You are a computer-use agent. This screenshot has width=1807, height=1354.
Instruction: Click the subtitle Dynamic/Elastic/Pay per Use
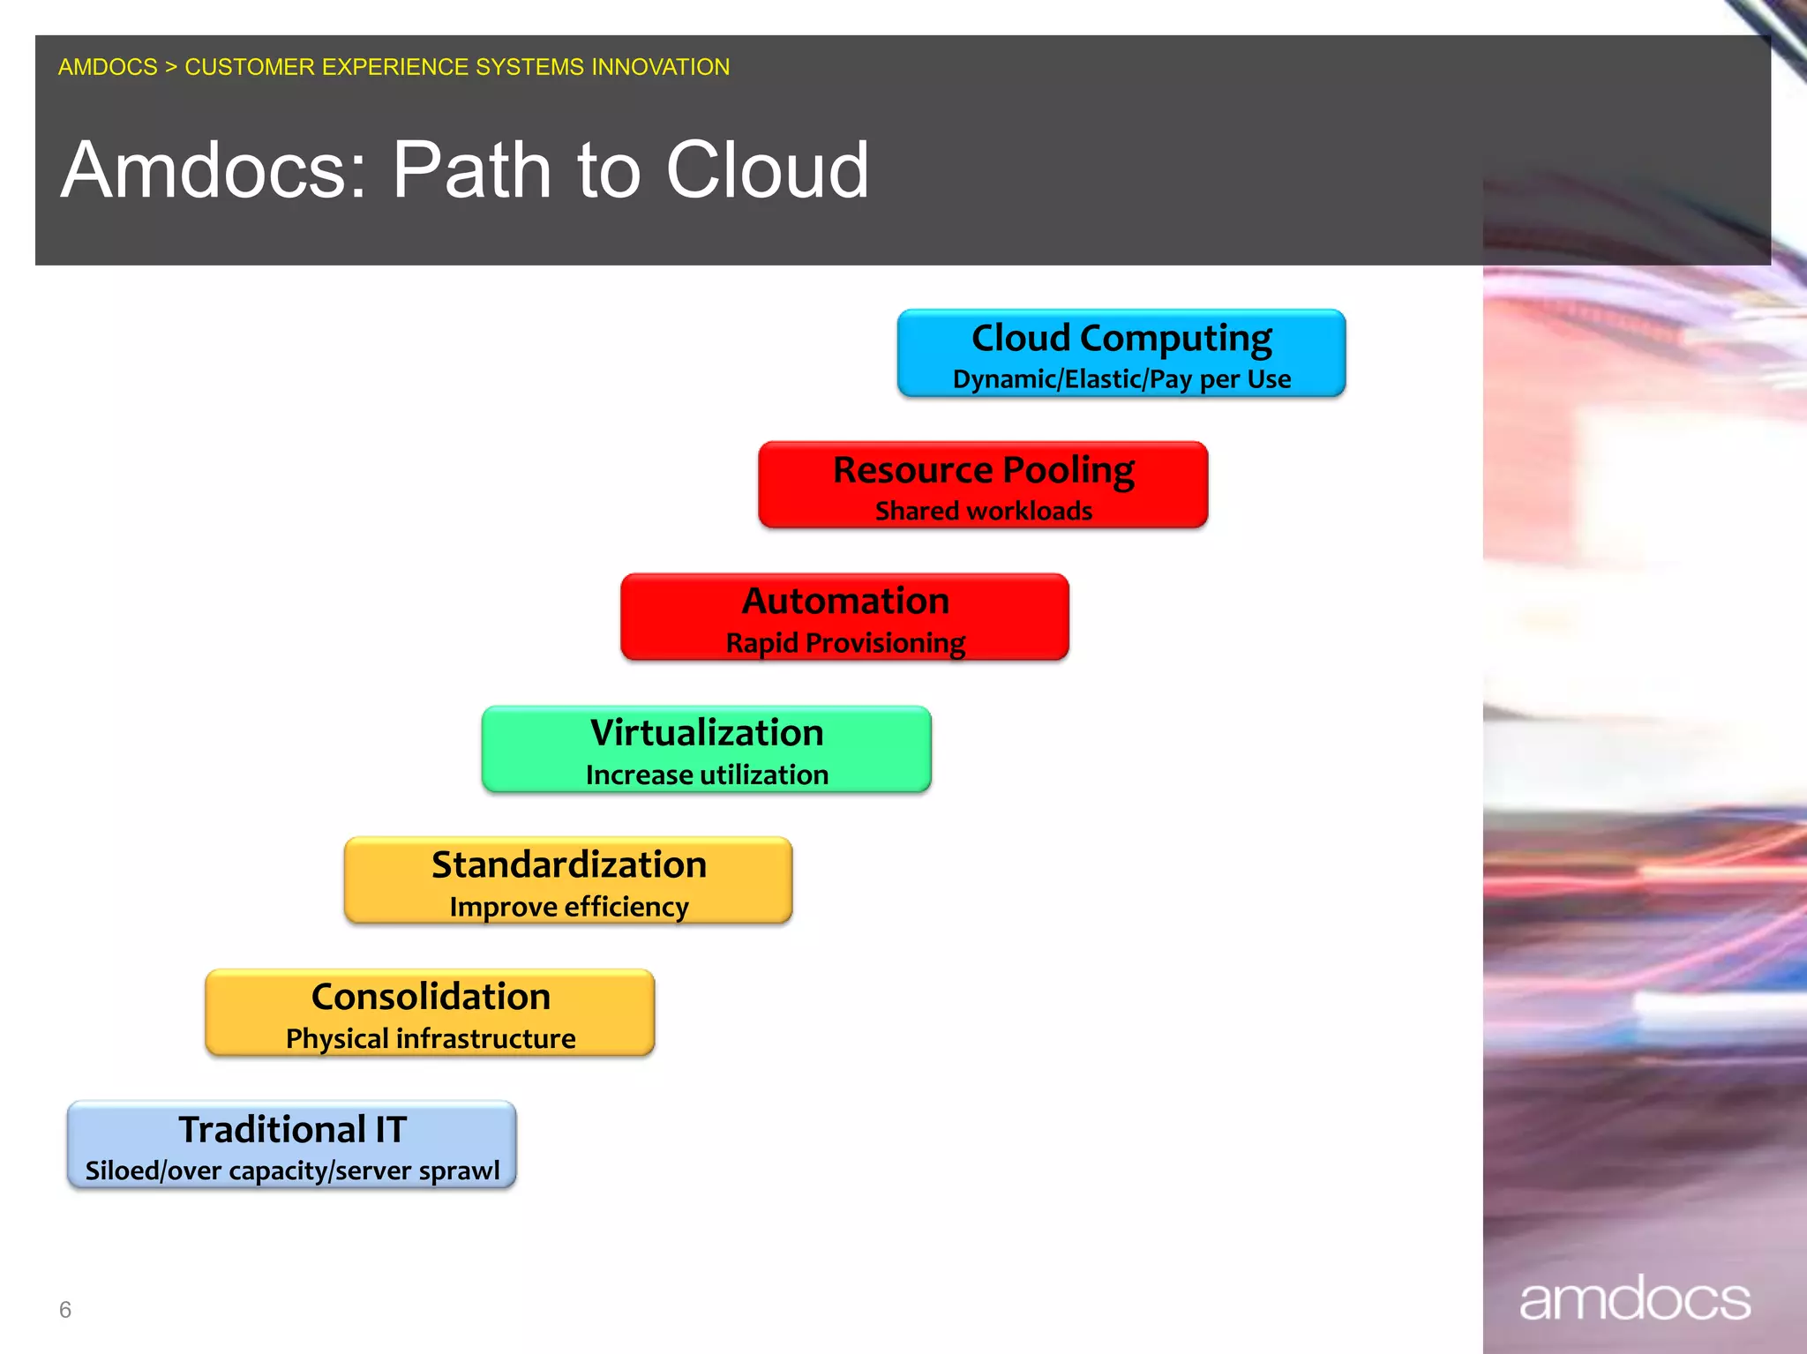[1121, 379]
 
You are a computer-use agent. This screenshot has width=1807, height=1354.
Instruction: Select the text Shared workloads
[983, 511]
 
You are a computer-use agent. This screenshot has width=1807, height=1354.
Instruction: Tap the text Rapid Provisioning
[844, 643]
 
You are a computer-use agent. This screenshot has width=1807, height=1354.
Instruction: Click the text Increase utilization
[706, 774]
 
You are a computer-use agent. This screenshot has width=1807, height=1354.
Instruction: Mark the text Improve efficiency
[568, 907]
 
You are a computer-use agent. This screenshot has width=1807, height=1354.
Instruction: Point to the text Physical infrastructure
[430, 1038]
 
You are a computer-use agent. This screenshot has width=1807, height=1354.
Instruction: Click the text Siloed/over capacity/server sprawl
[292, 1171]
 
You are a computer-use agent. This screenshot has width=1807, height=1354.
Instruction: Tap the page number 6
[64, 1309]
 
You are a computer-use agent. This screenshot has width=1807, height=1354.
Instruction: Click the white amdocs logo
[1634, 1299]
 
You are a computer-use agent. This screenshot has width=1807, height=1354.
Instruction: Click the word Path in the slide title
[471, 169]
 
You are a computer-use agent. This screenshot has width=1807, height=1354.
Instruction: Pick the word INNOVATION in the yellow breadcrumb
[660, 67]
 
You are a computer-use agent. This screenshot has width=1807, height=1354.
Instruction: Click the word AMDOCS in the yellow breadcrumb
[108, 67]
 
